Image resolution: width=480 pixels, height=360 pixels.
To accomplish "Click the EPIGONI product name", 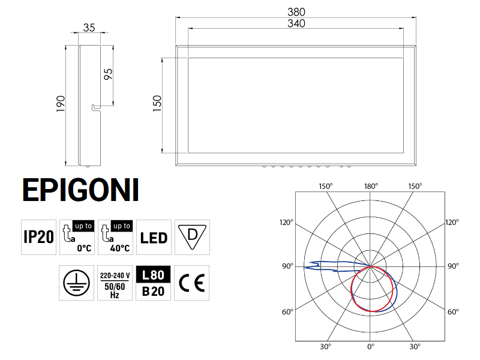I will coord(80,190).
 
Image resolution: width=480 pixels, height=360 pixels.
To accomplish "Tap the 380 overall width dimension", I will coord(296,11).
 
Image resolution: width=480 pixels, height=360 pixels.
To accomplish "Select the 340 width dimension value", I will coord(296,23).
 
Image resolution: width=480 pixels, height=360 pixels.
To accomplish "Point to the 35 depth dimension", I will coord(89,28).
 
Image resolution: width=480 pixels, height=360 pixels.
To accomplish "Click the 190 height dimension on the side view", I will coord(60,105).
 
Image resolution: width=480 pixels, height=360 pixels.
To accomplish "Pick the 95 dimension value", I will coord(109,74).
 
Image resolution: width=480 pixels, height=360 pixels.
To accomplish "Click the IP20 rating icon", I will coord(38,237).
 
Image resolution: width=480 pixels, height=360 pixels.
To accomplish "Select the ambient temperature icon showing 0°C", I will coord(77,237).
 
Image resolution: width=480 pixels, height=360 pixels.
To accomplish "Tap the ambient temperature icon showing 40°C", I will coord(115,237).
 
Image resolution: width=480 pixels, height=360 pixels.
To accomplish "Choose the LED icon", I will coord(154,237).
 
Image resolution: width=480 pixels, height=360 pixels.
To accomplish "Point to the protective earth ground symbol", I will coord(77,283).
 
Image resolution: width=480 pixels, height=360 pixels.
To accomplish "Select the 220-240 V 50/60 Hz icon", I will coord(115,283).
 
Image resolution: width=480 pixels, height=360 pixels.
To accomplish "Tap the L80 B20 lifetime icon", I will coord(154,283).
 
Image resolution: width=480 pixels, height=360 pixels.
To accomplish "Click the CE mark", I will coord(192,283).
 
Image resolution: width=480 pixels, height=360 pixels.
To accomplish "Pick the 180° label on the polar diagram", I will coord(371,186).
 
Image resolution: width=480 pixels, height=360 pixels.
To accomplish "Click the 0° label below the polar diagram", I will coord(371,347).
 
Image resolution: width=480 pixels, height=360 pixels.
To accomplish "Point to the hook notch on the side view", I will coord(94,107).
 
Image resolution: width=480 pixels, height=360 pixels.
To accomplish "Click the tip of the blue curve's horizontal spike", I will coord(304,266).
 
